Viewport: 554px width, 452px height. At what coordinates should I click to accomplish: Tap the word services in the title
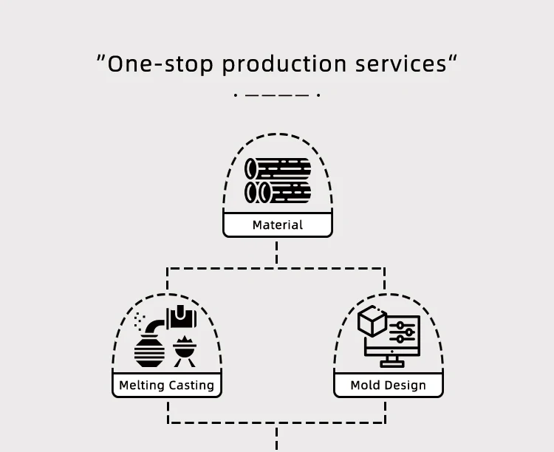(400, 64)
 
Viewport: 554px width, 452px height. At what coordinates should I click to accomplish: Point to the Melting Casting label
(167, 386)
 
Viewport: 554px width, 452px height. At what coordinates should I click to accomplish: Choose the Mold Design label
(389, 386)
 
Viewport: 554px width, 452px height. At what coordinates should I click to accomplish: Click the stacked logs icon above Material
(278, 180)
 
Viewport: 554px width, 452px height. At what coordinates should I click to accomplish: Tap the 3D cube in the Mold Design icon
(372, 322)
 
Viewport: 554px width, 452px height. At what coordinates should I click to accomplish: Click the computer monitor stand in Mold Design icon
(391, 361)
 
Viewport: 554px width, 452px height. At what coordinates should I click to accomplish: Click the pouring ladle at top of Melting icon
(182, 318)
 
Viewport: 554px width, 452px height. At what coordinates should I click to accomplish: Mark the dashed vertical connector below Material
(277, 252)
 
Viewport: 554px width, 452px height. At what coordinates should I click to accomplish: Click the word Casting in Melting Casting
(191, 386)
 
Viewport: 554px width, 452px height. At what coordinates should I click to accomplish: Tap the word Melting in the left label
(142, 386)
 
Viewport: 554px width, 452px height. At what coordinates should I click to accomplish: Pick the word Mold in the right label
(365, 386)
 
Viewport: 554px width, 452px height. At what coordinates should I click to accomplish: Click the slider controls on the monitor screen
(403, 332)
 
